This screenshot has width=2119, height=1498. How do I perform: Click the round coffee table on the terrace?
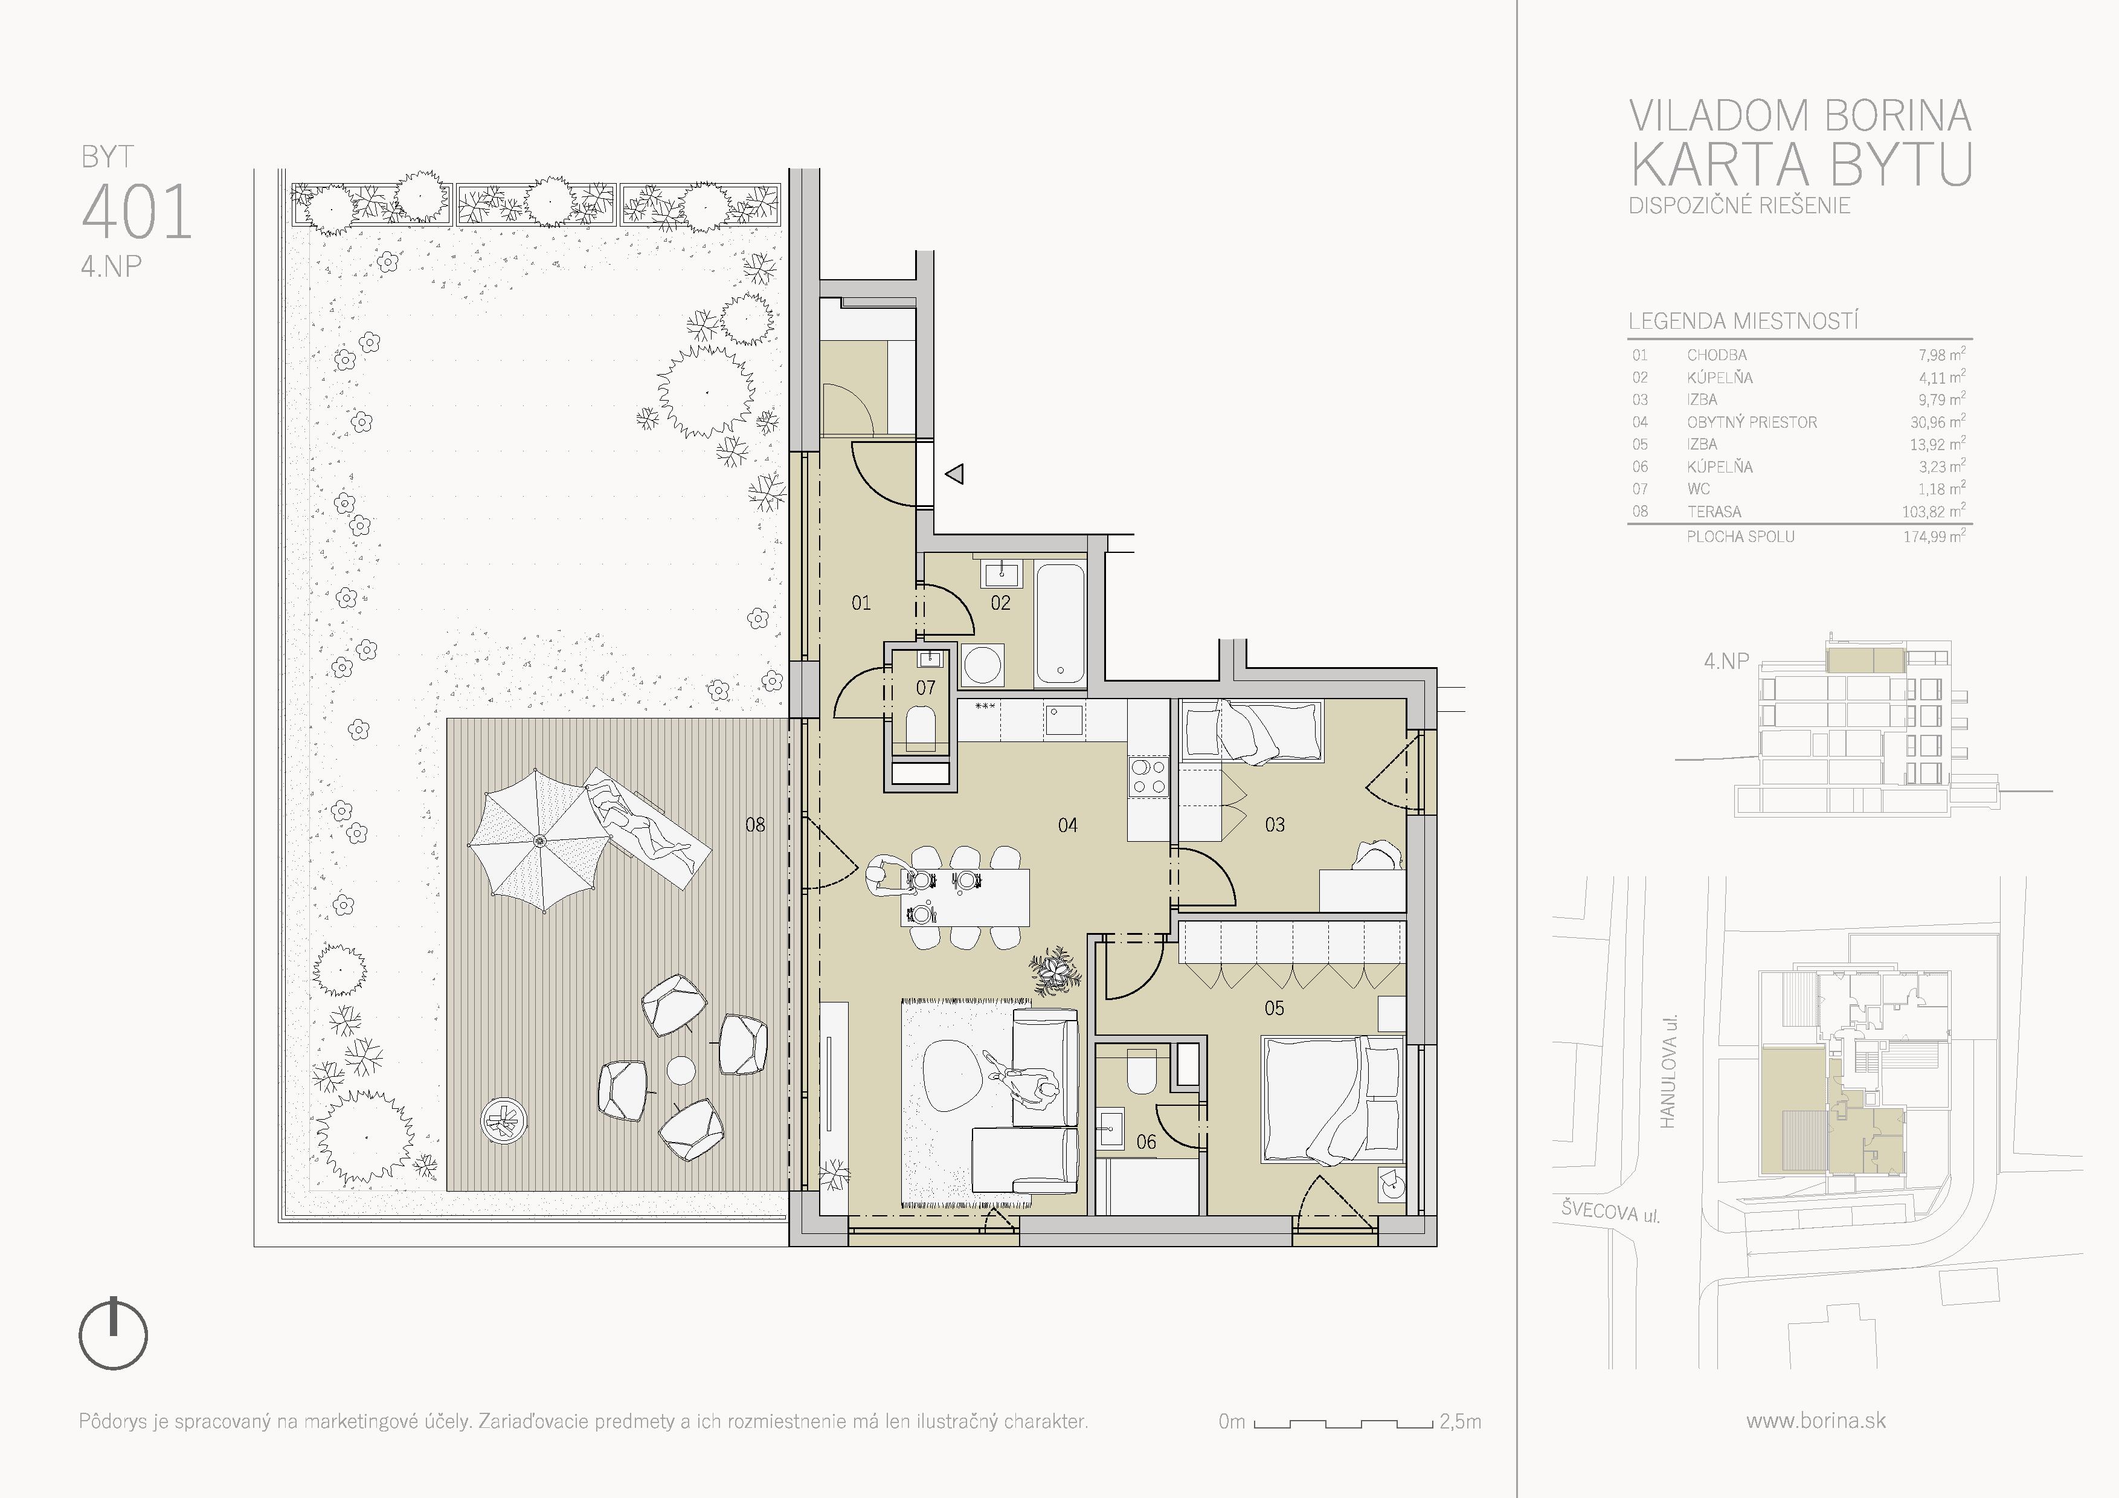(x=681, y=1071)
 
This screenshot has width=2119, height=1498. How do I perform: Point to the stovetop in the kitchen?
(x=1148, y=775)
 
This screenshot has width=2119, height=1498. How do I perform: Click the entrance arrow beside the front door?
(x=955, y=474)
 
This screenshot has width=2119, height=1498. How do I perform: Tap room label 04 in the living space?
(x=1068, y=825)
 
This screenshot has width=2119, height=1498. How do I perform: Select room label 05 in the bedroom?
(x=1275, y=1009)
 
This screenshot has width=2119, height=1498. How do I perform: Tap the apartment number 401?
(x=137, y=212)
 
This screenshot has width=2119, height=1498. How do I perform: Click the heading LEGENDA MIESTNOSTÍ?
(x=1743, y=321)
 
